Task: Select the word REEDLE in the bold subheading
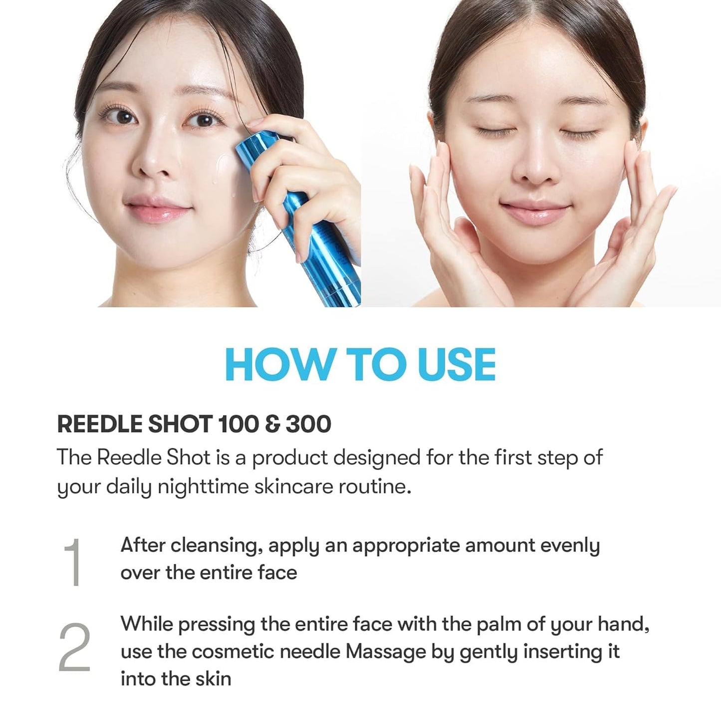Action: tap(100, 424)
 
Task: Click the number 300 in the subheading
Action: tap(308, 424)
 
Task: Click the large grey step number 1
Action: tap(73, 563)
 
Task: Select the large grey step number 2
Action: tap(75, 647)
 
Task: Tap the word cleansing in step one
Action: tap(217, 545)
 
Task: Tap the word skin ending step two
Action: tap(213, 679)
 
